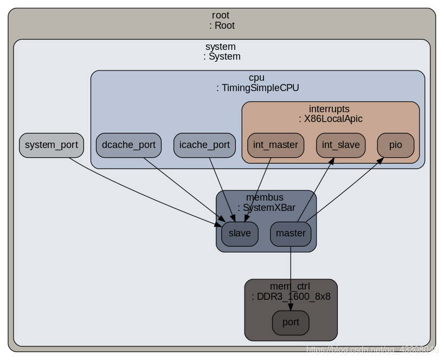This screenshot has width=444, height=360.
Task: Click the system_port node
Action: pos(52,145)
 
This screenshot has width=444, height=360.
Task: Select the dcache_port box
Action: pos(128,145)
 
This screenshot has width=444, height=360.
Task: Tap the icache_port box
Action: pos(204,145)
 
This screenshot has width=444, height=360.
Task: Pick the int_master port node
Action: pos(275,145)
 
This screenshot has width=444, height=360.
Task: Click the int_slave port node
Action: pos(340,145)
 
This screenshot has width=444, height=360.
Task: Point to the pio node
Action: pos(395,145)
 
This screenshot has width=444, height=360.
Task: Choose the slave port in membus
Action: pos(240,234)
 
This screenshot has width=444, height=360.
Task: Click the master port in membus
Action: pos(291,234)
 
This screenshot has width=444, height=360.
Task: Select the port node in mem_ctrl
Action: pos(291,323)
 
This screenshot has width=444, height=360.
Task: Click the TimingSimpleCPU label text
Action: pos(258,88)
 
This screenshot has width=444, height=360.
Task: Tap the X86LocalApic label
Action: pos(330,119)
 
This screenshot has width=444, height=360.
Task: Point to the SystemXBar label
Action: pos(266,207)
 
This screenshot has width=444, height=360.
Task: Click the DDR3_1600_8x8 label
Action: pos(291,297)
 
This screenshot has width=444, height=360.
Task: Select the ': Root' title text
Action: pos(221,25)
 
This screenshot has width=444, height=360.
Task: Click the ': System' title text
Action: pos(222,56)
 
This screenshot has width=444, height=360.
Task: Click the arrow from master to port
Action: pos(291,277)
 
